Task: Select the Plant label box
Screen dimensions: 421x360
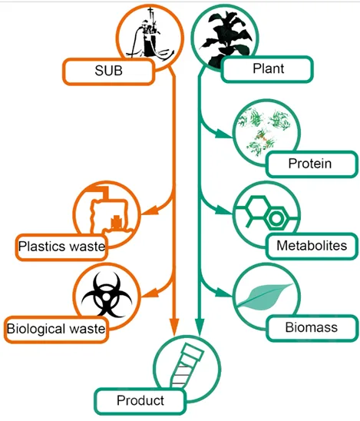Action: pyautogui.click(x=268, y=69)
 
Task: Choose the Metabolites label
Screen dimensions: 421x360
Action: pyautogui.click(x=312, y=246)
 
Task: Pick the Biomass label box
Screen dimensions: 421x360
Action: pyautogui.click(x=312, y=328)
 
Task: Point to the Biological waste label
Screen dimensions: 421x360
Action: pyautogui.click(x=56, y=328)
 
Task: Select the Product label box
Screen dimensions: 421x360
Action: pyautogui.click(x=140, y=400)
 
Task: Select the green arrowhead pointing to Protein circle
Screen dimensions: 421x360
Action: pyautogui.click(x=226, y=133)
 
